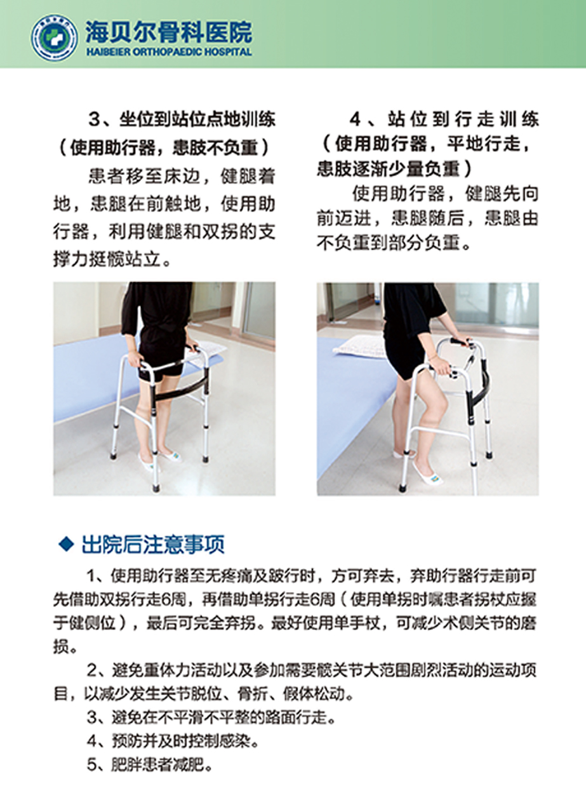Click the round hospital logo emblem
click(54, 37)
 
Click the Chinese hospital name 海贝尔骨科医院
click(169, 32)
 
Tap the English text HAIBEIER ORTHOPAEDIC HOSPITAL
click(169, 52)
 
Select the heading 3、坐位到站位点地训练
click(182, 119)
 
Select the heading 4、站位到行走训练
click(444, 119)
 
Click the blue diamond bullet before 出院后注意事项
click(66, 544)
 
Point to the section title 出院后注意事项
click(154, 544)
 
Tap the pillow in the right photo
click(359, 346)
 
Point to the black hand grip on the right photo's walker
click(459, 343)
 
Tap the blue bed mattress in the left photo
click(96, 378)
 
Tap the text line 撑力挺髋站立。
click(112, 259)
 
